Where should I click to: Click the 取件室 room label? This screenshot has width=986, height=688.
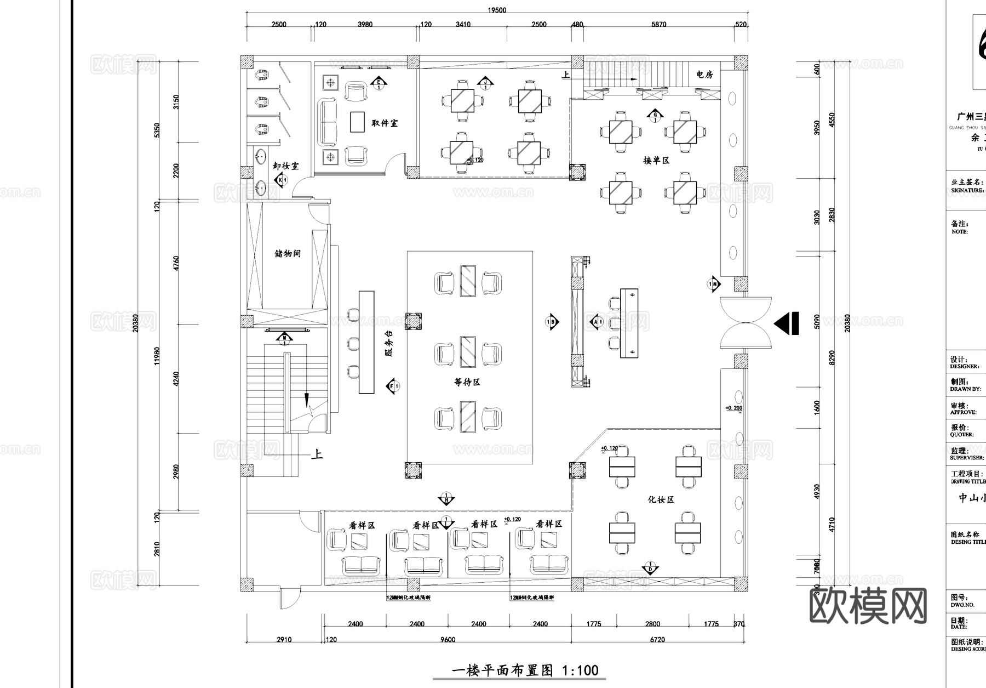(x=385, y=123)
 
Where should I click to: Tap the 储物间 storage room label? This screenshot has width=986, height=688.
(x=288, y=254)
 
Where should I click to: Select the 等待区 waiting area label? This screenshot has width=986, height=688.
(x=467, y=382)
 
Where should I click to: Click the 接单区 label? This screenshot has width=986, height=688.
(x=656, y=161)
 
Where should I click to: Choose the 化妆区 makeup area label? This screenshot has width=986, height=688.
(x=661, y=499)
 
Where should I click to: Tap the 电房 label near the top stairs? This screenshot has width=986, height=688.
(x=704, y=75)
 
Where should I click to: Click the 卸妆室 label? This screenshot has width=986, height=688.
(x=286, y=166)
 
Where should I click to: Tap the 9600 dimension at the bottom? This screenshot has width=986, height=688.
(x=448, y=639)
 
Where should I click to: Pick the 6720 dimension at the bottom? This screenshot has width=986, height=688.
(x=657, y=639)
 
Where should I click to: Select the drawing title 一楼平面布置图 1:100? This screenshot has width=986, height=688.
(x=525, y=670)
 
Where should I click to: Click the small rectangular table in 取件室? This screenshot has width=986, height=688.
(x=357, y=122)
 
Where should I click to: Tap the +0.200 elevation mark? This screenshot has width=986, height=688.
(x=733, y=408)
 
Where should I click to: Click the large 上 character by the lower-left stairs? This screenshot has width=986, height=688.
(x=317, y=454)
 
